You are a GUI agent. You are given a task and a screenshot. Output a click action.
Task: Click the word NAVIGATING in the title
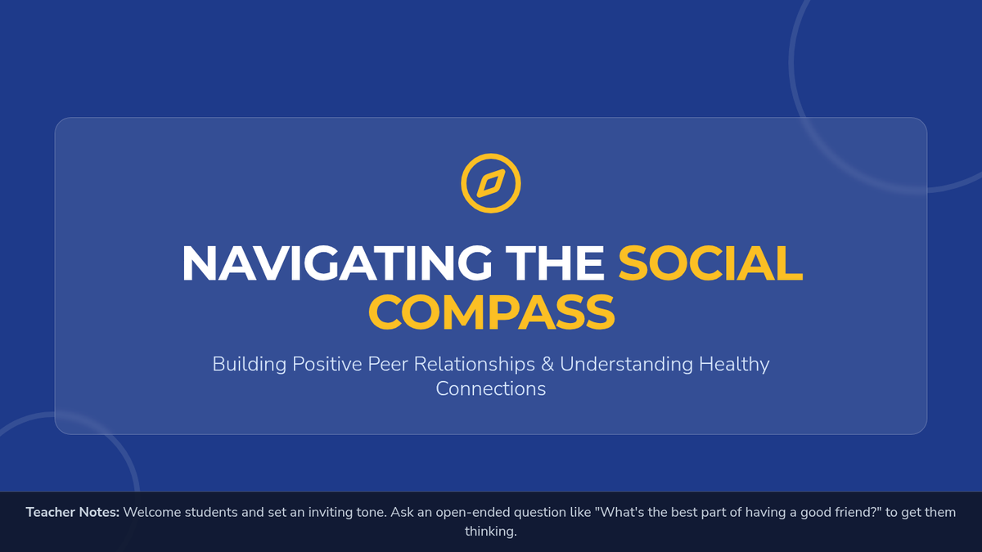pos(336,263)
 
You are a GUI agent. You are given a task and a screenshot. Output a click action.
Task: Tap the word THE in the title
pos(555,263)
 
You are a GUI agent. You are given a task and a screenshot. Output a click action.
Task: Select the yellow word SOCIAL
pos(710,263)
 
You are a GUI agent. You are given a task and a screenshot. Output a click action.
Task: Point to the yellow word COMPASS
pos(492,312)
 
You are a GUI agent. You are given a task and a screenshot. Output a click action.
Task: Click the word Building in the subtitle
pos(250,365)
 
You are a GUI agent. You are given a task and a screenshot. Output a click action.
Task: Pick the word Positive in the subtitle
pos(327,364)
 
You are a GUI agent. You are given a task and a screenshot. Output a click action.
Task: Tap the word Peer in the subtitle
pos(387,364)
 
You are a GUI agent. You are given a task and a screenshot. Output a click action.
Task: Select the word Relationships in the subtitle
pos(475,365)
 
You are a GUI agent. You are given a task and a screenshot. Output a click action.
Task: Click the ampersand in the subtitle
pos(547,364)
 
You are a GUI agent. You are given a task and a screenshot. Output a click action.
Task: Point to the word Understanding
pos(627,365)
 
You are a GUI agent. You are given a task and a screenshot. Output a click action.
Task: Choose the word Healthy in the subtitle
pos(734,365)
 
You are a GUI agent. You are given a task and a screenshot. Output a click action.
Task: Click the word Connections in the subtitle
pos(491,389)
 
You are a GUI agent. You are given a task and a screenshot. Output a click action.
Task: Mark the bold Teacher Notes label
pos(73,512)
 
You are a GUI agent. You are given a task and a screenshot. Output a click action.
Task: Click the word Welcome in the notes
pos(151,512)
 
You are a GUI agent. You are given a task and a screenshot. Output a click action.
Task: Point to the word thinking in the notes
pos(490,532)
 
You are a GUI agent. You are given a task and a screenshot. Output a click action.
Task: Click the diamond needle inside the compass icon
pos(491,183)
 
